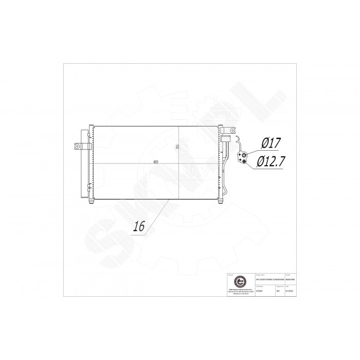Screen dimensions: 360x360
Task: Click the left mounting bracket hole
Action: [x=77, y=147]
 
